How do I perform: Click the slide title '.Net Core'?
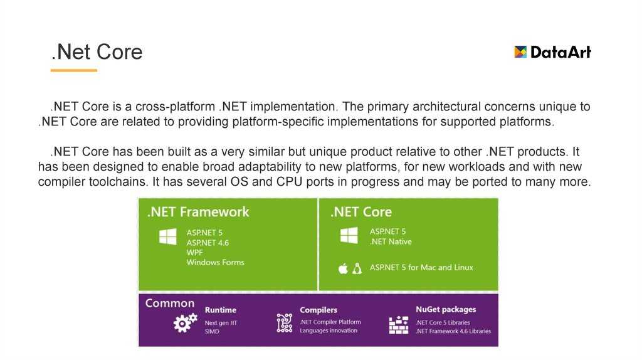pos(97,52)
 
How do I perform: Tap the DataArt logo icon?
pos(520,51)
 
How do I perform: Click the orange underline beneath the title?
pos(74,70)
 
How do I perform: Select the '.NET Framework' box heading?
pos(198,212)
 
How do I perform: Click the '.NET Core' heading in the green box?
pos(361,212)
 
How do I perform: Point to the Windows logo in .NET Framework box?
pos(168,236)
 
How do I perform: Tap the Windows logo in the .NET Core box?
pos(349,235)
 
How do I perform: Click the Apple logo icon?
pos(343,268)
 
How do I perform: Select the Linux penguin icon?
pos(357,268)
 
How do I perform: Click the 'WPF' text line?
pos(194,253)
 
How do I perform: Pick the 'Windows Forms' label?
pos(216,263)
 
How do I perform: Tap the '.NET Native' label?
pos(391,241)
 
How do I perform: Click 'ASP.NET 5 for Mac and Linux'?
pos(421,267)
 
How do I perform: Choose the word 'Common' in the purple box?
pos(170,303)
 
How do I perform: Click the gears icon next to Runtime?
pos(185,323)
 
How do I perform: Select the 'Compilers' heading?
pos(318,310)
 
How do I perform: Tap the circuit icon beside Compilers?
pos(285,323)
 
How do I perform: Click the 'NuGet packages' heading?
pos(446,310)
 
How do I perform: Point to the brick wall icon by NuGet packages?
pos(398,325)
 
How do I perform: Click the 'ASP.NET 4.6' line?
pos(208,243)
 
